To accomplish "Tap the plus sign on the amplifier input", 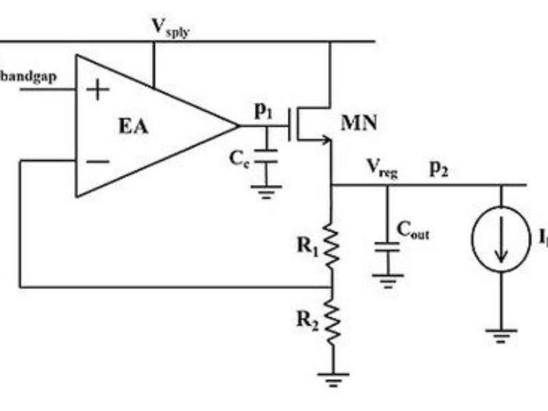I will (100, 90).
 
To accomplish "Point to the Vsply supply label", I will (171, 28).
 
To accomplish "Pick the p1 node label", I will (264, 112).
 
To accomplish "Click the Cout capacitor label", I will (412, 234).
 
